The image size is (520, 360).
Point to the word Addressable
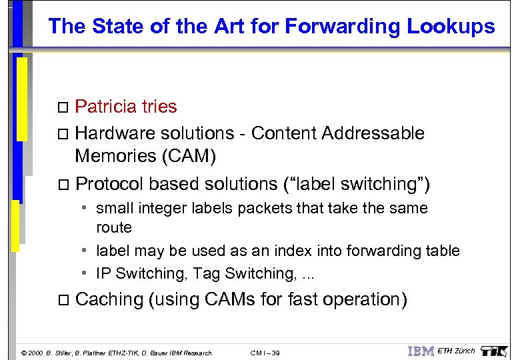click(x=373, y=133)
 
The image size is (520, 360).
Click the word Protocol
click(x=110, y=184)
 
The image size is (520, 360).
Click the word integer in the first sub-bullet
click(x=160, y=208)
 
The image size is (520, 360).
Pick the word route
click(x=114, y=227)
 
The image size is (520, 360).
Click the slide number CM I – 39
click(x=265, y=353)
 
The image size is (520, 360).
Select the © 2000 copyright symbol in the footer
click(x=25, y=353)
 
